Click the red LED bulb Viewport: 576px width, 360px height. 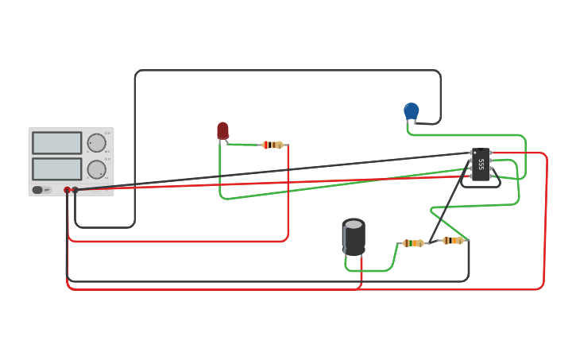click(x=222, y=130)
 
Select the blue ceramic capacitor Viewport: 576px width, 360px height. click(x=411, y=110)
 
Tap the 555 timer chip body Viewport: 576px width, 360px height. click(x=481, y=165)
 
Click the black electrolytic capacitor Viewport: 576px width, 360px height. click(x=354, y=236)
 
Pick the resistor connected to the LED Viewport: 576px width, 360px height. click(x=273, y=145)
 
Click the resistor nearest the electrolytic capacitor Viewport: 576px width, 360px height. click(x=412, y=243)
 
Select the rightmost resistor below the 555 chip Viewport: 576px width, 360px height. click(x=453, y=241)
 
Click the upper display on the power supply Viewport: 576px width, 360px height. click(x=57, y=143)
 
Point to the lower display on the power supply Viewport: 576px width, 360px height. click(x=57, y=169)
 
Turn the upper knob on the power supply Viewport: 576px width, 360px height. click(x=96, y=143)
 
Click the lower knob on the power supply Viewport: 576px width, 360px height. click(x=96, y=169)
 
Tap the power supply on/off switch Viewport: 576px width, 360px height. click(x=38, y=190)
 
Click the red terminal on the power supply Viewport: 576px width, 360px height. click(x=67, y=190)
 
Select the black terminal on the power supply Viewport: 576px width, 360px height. click(x=75, y=190)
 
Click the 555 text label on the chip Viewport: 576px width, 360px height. click(x=481, y=165)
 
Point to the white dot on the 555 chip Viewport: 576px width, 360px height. click(x=475, y=153)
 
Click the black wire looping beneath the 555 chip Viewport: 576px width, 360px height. click(x=481, y=187)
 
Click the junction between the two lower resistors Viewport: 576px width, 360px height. click(x=430, y=242)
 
